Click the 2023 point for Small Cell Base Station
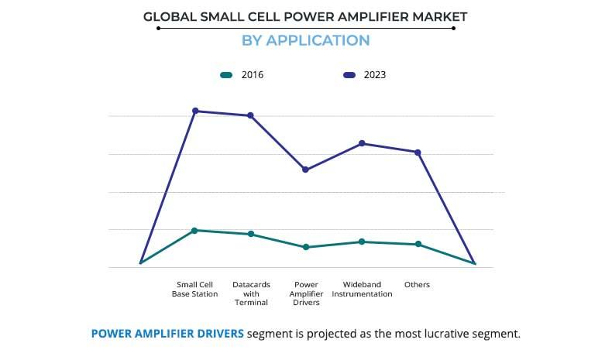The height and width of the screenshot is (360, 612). [x=195, y=111]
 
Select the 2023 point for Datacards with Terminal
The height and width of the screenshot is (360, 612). [x=250, y=115]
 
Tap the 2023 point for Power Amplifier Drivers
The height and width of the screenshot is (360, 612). [x=306, y=170]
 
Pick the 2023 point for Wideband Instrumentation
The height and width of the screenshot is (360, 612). [x=362, y=143]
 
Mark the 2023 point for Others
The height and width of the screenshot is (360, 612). [x=418, y=153]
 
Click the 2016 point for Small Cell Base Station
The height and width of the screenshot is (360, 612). [x=195, y=230]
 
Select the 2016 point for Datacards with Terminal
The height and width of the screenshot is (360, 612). [x=250, y=234]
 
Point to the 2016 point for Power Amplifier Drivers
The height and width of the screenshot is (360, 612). [x=306, y=247]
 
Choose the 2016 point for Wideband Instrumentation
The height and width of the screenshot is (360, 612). [x=362, y=242]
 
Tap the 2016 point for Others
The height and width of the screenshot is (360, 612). [x=418, y=244]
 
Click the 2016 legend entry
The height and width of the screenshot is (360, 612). [x=242, y=75]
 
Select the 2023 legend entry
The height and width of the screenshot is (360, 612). [x=364, y=75]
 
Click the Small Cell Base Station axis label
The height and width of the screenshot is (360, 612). [x=195, y=290]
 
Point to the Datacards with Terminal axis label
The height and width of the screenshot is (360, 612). [x=251, y=293]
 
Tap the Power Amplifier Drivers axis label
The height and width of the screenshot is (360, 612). [x=306, y=293]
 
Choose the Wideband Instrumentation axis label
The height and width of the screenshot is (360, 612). [x=362, y=290]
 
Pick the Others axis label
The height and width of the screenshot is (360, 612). [x=417, y=285]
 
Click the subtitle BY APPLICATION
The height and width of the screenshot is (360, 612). [x=305, y=40]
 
